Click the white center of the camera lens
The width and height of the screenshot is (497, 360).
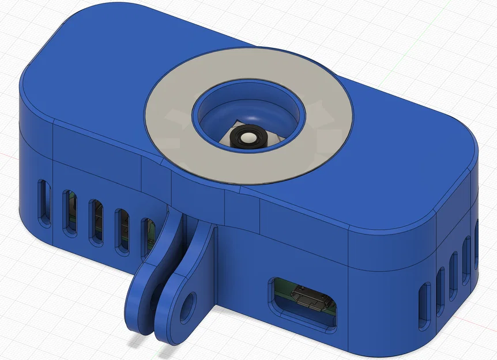pyautogui.click(x=247, y=138)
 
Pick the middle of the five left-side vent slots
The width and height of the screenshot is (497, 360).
pyautogui.click(x=96, y=222)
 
